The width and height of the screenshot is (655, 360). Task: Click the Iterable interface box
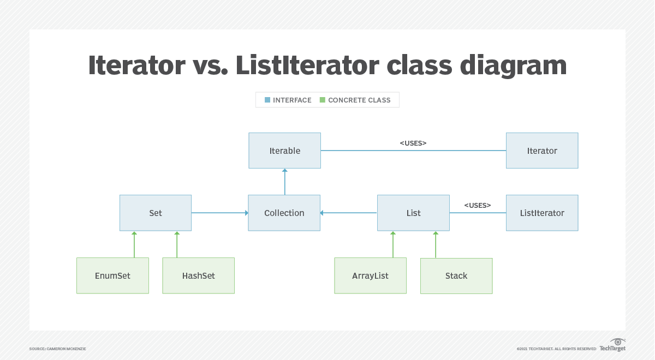284,151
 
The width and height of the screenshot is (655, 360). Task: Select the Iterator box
542,151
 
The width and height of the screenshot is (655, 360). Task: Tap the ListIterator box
542,213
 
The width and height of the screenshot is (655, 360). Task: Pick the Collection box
284,213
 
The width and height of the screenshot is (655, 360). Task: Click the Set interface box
156,213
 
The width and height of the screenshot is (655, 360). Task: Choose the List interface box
413,213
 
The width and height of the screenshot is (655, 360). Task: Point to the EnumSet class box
112,275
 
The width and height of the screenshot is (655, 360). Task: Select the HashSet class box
199,275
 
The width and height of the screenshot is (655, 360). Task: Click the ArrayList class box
370,275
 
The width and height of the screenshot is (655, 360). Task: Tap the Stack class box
456,275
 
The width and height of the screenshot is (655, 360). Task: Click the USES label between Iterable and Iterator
413,143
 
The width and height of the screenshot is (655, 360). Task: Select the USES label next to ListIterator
478,205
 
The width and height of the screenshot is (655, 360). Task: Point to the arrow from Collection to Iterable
284,182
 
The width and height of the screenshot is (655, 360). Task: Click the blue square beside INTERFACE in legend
267,100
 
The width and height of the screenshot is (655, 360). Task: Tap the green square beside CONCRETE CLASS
323,100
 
